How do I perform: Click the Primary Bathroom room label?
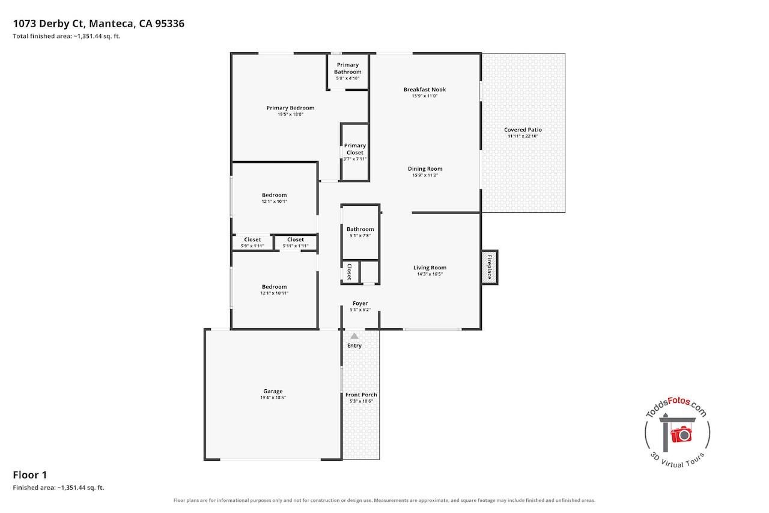pyautogui.click(x=347, y=69)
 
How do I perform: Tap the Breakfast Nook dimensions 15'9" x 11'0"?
pyautogui.click(x=425, y=96)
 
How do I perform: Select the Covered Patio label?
pyautogui.click(x=523, y=129)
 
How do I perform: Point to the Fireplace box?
pyautogui.click(x=489, y=267)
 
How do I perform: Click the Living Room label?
pyautogui.click(x=430, y=267)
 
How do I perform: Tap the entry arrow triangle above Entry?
pyautogui.click(x=354, y=336)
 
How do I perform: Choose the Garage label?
pyautogui.click(x=273, y=391)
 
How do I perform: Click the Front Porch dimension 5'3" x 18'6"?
pyautogui.click(x=361, y=401)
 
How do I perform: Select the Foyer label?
pyautogui.click(x=360, y=303)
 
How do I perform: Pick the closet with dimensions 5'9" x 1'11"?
pyautogui.click(x=252, y=242)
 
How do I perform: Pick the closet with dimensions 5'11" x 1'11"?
pyautogui.click(x=296, y=242)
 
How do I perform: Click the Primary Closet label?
pyautogui.click(x=354, y=149)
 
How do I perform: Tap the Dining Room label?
pyautogui.click(x=425, y=169)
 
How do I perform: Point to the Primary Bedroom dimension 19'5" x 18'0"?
pyautogui.click(x=290, y=114)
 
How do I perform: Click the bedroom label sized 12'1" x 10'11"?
pyautogui.click(x=275, y=286)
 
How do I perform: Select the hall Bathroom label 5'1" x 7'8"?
pyautogui.click(x=360, y=229)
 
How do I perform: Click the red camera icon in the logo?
pyautogui.click(x=681, y=434)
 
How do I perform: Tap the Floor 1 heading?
pyautogui.click(x=30, y=475)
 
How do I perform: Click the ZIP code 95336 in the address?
pyautogui.click(x=169, y=23)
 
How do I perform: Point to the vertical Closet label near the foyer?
pyautogui.click(x=350, y=272)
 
